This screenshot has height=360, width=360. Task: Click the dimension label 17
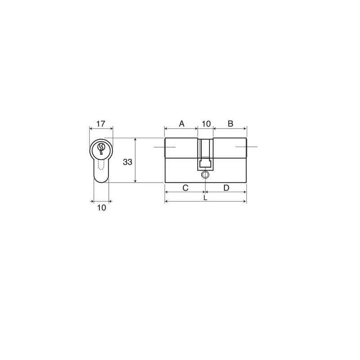pyautogui.click(x=101, y=124)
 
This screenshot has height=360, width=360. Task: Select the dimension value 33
pyautogui.click(x=128, y=162)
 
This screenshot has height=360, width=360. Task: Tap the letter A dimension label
pyautogui.click(x=182, y=124)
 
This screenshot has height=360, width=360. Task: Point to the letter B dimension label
pyautogui.click(x=230, y=124)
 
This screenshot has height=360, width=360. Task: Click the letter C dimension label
pyautogui.click(x=185, y=188)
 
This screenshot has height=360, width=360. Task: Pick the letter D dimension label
pyautogui.click(x=227, y=188)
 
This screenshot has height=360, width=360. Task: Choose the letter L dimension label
pyautogui.click(x=205, y=198)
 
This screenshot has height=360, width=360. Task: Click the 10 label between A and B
pyautogui.click(x=206, y=124)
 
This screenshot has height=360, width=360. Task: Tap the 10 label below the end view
pyautogui.click(x=102, y=207)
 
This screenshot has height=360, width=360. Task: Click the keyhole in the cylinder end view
pyautogui.click(x=101, y=148)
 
